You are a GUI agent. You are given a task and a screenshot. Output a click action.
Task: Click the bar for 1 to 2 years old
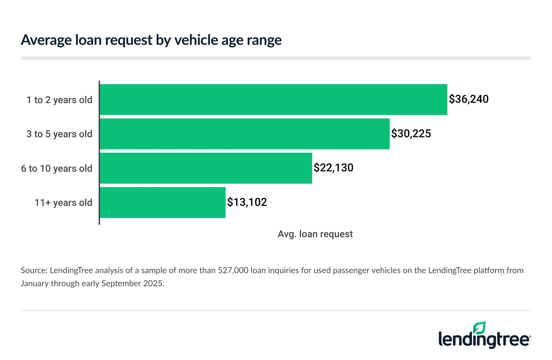point(273,100)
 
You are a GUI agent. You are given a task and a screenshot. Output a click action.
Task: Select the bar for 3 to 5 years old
point(245,134)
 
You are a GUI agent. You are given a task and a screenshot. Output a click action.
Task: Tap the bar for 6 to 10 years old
point(206,168)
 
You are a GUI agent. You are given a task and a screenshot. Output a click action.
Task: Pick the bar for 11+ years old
point(162,202)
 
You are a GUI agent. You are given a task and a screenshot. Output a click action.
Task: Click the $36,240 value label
point(469,99)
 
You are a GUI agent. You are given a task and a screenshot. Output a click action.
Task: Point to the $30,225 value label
point(411,134)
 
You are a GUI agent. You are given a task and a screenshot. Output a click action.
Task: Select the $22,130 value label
point(333,168)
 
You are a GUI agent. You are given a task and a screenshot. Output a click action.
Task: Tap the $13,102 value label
point(247,202)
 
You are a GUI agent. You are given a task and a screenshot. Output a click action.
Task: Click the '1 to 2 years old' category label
point(59,100)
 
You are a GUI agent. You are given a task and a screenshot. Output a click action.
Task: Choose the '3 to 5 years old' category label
point(59,134)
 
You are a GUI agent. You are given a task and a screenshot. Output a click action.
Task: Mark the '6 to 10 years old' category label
point(57,169)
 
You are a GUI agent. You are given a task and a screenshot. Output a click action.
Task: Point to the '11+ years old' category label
point(63,203)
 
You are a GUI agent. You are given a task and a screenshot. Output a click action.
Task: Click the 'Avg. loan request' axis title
point(315,234)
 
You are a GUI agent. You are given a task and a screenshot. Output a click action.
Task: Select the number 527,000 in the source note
point(233,270)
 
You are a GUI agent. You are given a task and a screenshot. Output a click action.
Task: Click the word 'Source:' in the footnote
point(34,270)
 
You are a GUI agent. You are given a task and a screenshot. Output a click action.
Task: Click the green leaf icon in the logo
point(479,328)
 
